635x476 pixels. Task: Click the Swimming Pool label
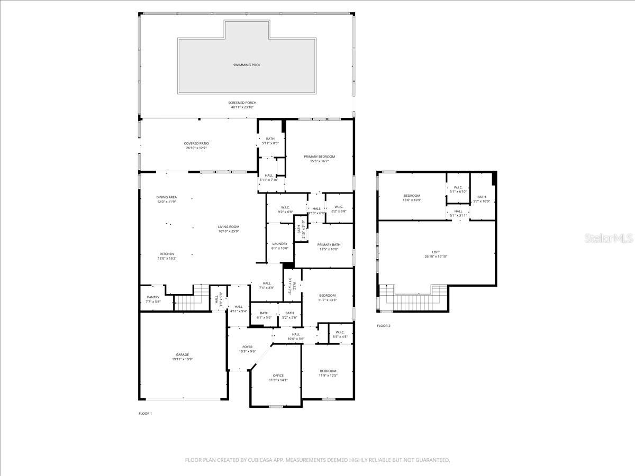point(247,65)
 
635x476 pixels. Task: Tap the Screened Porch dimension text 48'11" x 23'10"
point(241,107)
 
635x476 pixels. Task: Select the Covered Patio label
point(196,143)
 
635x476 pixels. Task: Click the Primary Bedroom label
point(319,157)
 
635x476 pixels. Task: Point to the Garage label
point(182,355)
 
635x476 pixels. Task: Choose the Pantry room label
point(153,297)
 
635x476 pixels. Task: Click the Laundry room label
point(279,244)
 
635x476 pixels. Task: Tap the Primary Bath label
point(329,244)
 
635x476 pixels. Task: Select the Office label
point(278,376)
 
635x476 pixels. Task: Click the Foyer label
point(247,347)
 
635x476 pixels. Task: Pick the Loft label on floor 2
point(436,252)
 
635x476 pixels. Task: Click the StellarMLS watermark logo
point(608,239)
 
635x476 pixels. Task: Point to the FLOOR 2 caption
point(384,326)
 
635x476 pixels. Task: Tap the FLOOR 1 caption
point(146,414)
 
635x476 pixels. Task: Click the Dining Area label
point(166,197)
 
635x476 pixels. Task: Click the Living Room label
point(229,227)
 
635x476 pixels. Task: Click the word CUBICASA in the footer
point(261,460)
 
